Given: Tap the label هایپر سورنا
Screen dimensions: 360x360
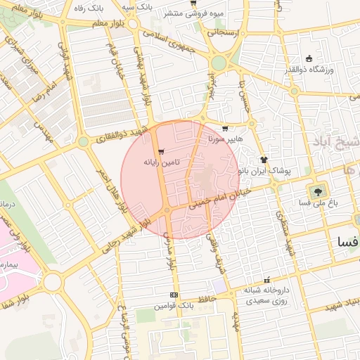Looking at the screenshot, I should coord(225,139).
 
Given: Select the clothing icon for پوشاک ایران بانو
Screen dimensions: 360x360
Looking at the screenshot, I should coord(264,160).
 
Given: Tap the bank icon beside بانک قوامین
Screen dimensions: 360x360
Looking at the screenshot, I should coord(174,295).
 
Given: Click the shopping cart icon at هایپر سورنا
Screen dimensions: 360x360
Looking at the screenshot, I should coord(224,129).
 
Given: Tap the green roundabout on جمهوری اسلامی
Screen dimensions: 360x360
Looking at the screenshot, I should coord(219,63).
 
